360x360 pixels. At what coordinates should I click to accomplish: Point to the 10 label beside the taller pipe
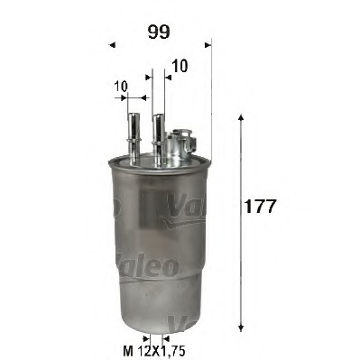(x=181, y=66)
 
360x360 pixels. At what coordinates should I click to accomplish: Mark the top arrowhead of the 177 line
(x=240, y=120)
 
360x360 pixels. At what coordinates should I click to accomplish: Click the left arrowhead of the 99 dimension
(x=111, y=43)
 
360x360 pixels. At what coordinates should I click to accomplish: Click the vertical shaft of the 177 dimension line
(x=240, y=226)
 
